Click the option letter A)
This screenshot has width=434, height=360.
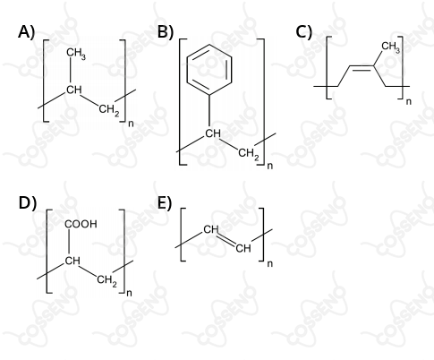click(x=26, y=31)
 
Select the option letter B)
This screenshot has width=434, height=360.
click(x=166, y=31)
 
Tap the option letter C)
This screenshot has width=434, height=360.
click(x=304, y=31)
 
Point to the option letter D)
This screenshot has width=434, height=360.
click(x=28, y=203)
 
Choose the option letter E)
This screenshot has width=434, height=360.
click(x=165, y=203)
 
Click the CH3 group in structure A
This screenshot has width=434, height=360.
click(x=76, y=54)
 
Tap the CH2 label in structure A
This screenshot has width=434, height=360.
click(x=109, y=110)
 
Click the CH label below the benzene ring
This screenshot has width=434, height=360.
click(x=213, y=133)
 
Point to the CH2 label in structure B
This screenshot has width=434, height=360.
click(x=249, y=154)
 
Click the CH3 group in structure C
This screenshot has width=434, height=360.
click(x=390, y=47)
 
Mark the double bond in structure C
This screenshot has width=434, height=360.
click(x=362, y=67)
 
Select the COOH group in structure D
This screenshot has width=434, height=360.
click(x=81, y=224)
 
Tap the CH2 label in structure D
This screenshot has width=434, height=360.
click(x=106, y=281)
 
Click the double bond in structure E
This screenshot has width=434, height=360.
click(x=226, y=240)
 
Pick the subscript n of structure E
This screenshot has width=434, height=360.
click(x=270, y=264)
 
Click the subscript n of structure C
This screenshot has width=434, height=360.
click(x=409, y=102)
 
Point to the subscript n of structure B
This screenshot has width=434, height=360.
click(x=270, y=166)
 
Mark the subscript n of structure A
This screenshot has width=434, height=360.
click(x=131, y=124)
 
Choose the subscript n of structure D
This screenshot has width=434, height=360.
click(x=129, y=293)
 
